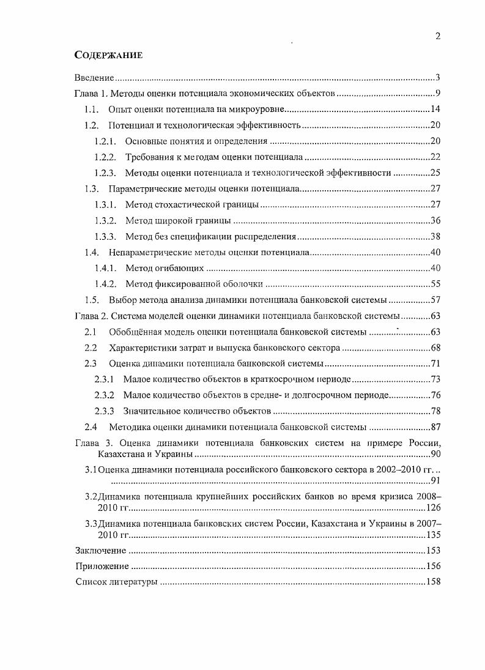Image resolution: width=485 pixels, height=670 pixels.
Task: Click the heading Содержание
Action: click(x=108, y=55)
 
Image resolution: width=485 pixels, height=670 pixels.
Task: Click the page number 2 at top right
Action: click(x=437, y=36)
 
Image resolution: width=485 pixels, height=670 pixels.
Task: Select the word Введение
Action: click(x=94, y=78)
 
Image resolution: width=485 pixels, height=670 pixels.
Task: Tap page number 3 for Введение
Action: click(x=438, y=78)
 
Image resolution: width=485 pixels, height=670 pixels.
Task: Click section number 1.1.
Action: click(x=91, y=110)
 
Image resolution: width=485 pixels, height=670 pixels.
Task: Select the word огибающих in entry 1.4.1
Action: click(x=177, y=268)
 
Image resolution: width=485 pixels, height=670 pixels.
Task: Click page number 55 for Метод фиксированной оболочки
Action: click(x=435, y=284)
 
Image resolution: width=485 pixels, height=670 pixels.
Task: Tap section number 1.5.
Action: click(x=91, y=300)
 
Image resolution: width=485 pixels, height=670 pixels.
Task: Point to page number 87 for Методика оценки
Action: click(x=435, y=427)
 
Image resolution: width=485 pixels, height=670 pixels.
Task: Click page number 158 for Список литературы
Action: click(x=432, y=582)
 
